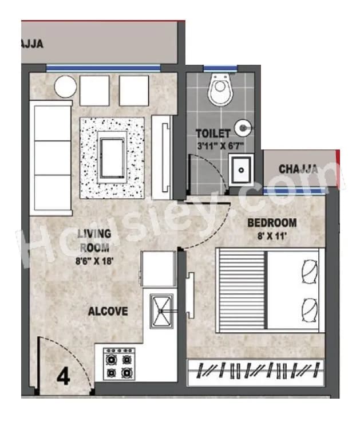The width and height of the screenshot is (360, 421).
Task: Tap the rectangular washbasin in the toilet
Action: tap(241, 170)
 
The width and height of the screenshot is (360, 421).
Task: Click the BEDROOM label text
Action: tap(272, 223)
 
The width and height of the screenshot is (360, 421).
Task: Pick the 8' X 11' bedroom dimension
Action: tap(272, 234)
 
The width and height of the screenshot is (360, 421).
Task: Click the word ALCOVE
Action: tap(108, 312)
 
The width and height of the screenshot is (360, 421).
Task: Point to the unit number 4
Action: tap(63, 378)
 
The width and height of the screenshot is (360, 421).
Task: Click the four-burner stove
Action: tap(118, 364)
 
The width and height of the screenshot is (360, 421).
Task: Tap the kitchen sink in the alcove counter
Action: tap(161, 310)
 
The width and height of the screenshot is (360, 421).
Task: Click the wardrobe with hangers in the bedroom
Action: tap(256, 371)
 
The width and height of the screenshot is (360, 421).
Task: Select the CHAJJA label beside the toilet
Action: tap(298, 169)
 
